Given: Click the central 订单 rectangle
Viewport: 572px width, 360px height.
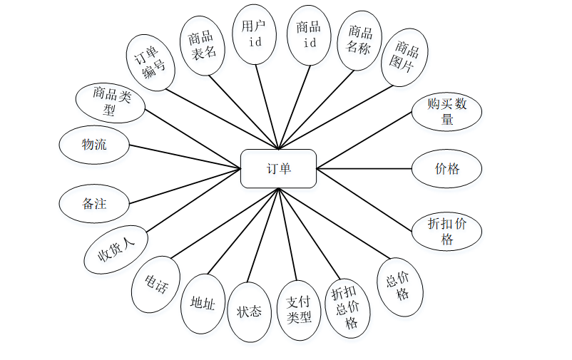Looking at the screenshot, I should click(x=278, y=169).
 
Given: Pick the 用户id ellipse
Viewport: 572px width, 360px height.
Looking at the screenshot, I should click(x=253, y=34).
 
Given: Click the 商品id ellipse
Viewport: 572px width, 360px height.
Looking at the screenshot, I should click(x=309, y=35).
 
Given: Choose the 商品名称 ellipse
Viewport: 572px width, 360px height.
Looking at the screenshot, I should click(x=359, y=41).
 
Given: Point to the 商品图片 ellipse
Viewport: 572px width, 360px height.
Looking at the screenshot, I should click(x=404, y=57).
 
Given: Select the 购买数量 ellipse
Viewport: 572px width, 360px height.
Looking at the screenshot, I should click(x=447, y=112).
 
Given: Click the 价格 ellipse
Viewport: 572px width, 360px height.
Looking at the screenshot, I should click(x=447, y=169).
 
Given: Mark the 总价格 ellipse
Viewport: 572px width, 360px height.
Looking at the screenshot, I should click(x=400, y=287).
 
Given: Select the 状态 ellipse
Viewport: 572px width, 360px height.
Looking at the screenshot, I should click(x=249, y=312).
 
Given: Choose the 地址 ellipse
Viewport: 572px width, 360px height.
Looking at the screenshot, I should click(x=203, y=304).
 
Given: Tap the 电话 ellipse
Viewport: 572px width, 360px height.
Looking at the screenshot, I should click(x=156, y=284).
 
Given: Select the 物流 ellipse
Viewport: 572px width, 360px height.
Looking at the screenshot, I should click(x=94, y=145).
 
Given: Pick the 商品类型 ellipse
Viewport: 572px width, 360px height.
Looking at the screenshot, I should click(x=111, y=101).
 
